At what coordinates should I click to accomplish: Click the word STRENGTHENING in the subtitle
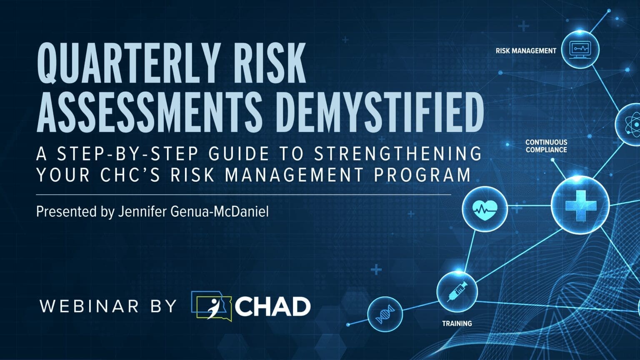398,154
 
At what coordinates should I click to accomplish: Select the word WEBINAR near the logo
90,306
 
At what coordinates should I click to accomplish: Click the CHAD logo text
272,307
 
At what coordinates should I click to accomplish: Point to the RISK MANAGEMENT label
526,51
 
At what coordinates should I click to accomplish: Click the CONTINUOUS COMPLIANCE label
546,146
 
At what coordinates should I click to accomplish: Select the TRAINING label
457,323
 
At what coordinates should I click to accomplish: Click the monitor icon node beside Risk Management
580,49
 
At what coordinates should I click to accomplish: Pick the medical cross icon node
580,205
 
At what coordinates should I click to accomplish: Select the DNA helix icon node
385,314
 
